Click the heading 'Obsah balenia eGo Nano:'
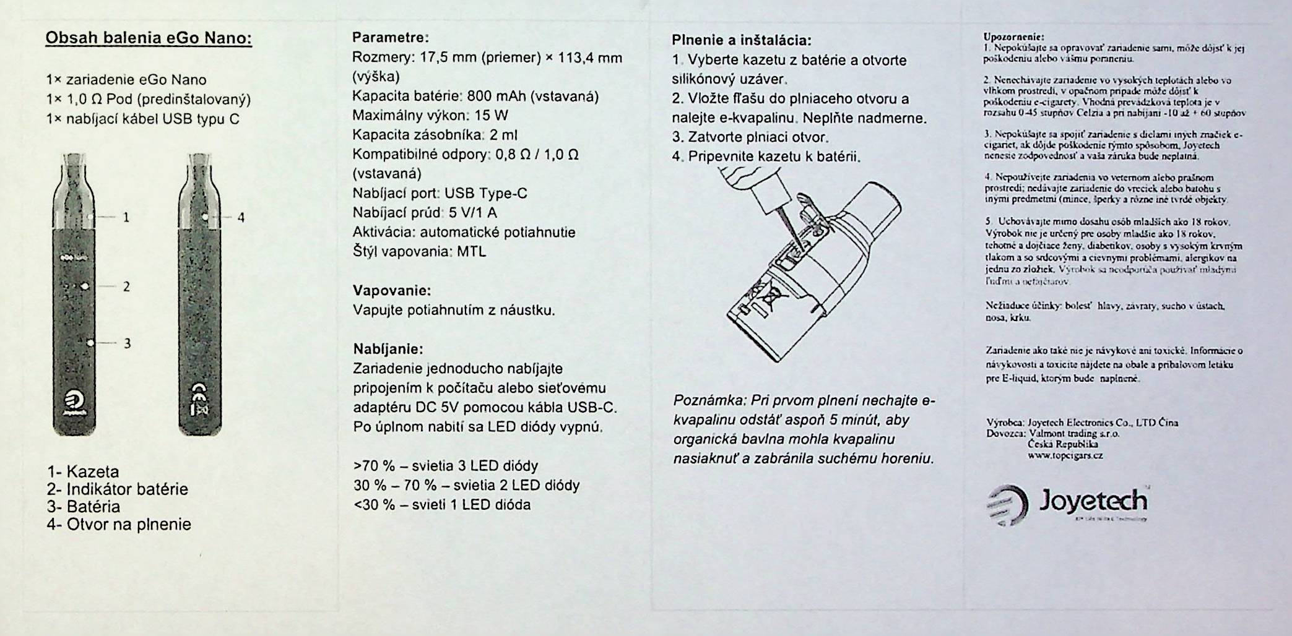[149, 38]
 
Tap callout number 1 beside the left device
[126, 217]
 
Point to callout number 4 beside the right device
[241, 217]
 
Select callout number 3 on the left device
[128, 343]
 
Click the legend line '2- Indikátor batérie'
[117, 489]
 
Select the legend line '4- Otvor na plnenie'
[119, 525]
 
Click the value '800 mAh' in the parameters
[496, 97]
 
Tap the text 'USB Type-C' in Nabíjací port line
[485, 194]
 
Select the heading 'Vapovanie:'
[392, 290]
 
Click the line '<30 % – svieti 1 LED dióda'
[442, 505]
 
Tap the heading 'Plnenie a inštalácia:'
[741, 41]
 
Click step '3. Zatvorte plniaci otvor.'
[750, 137]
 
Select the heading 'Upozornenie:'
[1005, 37]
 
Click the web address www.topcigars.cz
[1065, 456]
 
